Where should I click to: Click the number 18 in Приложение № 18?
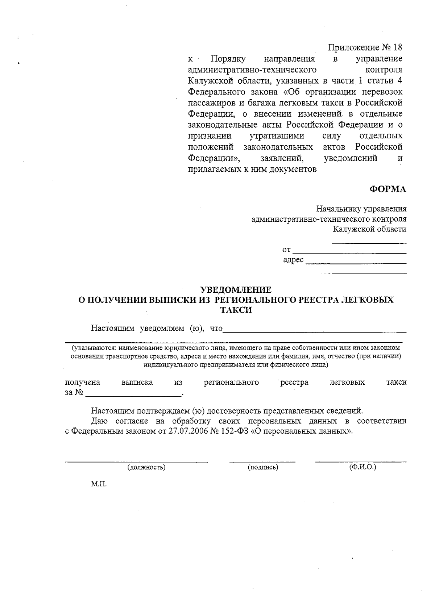(397, 47)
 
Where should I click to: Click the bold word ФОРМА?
(388, 189)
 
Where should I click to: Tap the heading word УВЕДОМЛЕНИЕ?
(236, 290)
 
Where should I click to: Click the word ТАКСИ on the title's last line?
(236, 310)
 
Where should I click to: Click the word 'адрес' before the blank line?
(293, 260)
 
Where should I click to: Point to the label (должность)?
(146, 467)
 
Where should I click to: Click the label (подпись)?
(263, 467)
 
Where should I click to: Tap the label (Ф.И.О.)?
(362, 467)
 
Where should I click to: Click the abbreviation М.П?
(99, 484)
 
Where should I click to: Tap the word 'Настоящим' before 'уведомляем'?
(113, 329)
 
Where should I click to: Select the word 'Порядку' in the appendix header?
(228, 59)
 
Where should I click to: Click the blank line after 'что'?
(314, 331)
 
